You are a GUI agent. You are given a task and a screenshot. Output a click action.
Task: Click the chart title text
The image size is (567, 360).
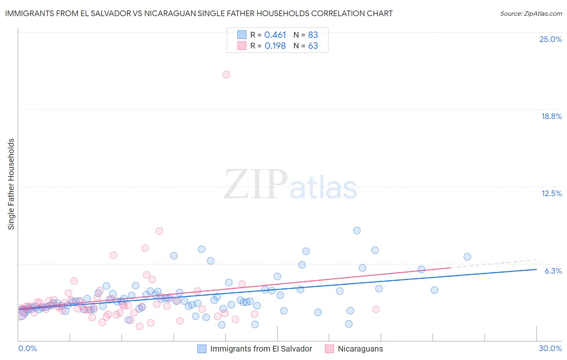pyautogui.click(x=199, y=13)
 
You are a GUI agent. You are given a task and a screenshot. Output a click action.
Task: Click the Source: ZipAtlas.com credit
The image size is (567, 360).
pyautogui.click(x=531, y=13)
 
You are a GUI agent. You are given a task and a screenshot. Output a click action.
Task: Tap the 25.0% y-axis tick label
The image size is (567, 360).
pyautogui.click(x=550, y=39)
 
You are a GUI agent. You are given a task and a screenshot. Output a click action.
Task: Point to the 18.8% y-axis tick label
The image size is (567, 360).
pyautogui.click(x=551, y=116)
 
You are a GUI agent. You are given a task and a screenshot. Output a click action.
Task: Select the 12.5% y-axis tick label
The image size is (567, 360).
pyautogui.click(x=551, y=193)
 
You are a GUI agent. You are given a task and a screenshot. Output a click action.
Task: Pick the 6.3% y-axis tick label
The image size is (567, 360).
pyautogui.click(x=553, y=271)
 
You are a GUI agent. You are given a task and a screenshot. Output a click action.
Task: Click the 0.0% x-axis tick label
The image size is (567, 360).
pyautogui.click(x=27, y=348)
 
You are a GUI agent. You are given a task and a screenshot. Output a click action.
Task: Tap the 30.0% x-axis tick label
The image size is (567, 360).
pyautogui.click(x=550, y=348)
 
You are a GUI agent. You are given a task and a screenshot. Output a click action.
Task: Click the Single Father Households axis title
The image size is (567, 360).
pyautogui.click(x=11, y=184)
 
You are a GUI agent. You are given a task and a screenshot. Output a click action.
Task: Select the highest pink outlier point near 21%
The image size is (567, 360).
pyautogui.click(x=226, y=75)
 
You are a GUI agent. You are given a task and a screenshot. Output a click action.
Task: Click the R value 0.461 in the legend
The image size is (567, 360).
pyautogui.click(x=275, y=35)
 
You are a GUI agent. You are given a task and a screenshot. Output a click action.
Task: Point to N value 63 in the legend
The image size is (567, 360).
pyautogui.click(x=313, y=46)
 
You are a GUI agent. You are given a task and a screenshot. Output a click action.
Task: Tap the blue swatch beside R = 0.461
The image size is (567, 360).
pyautogui.click(x=242, y=35)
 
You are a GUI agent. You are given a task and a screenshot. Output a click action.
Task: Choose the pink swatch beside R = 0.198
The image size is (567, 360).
pyautogui.click(x=242, y=46)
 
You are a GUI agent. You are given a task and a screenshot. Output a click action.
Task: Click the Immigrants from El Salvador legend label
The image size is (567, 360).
pyautogui.click(x=261, y=349)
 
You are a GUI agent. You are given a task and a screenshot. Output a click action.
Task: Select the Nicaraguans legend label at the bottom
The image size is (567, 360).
pyautogui.click(x=360, y=349)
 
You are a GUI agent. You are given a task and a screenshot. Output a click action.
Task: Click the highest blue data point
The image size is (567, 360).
pyautogui.click(x=357, y=230)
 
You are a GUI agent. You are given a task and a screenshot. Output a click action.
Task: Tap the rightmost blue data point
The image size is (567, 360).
pyautogui.click(x=467, y=257)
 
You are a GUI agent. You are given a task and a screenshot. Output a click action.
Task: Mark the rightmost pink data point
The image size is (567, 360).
pyautogui.click(x=376, y=309)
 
